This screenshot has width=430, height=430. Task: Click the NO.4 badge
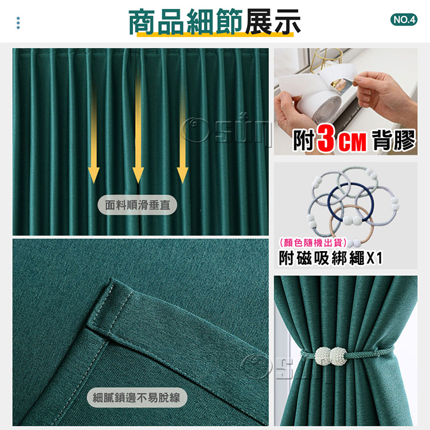coord(404,19)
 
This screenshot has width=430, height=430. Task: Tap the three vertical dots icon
coord(18,23)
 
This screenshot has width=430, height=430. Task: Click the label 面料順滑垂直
coord(138,205)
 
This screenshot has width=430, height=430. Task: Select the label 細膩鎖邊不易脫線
coord(137,397)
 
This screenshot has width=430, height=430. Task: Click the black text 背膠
coord(394,140)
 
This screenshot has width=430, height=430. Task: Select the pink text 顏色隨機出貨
coord(313,243)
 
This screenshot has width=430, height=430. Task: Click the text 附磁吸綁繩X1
coord(330,258)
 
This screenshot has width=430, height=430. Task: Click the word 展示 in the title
coord(272,22)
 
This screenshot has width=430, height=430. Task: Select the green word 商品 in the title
coord(157,22)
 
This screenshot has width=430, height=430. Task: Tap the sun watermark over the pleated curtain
coord(226,130)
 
